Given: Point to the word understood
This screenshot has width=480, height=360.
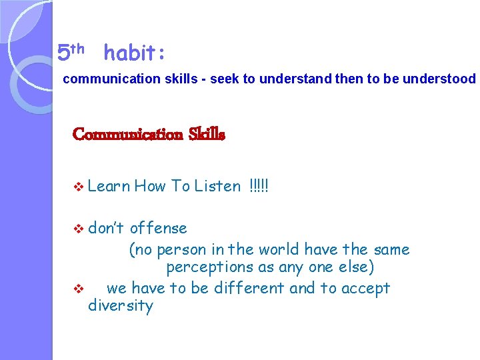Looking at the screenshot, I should point(441,79).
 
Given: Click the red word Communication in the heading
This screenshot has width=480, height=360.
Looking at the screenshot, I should point(127,135).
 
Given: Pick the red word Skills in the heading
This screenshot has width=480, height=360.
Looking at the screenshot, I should point(207,135).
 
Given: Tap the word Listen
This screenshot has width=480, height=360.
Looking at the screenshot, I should point(217,186).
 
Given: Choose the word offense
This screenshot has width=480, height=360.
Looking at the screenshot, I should point(158,228).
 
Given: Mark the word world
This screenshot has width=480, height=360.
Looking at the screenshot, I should point(273,250).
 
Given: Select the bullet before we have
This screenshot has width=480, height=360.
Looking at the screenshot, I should point(78,289).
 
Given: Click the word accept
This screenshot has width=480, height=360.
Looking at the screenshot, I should point(365,289).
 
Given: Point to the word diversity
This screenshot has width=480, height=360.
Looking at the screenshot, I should point(121,306).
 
